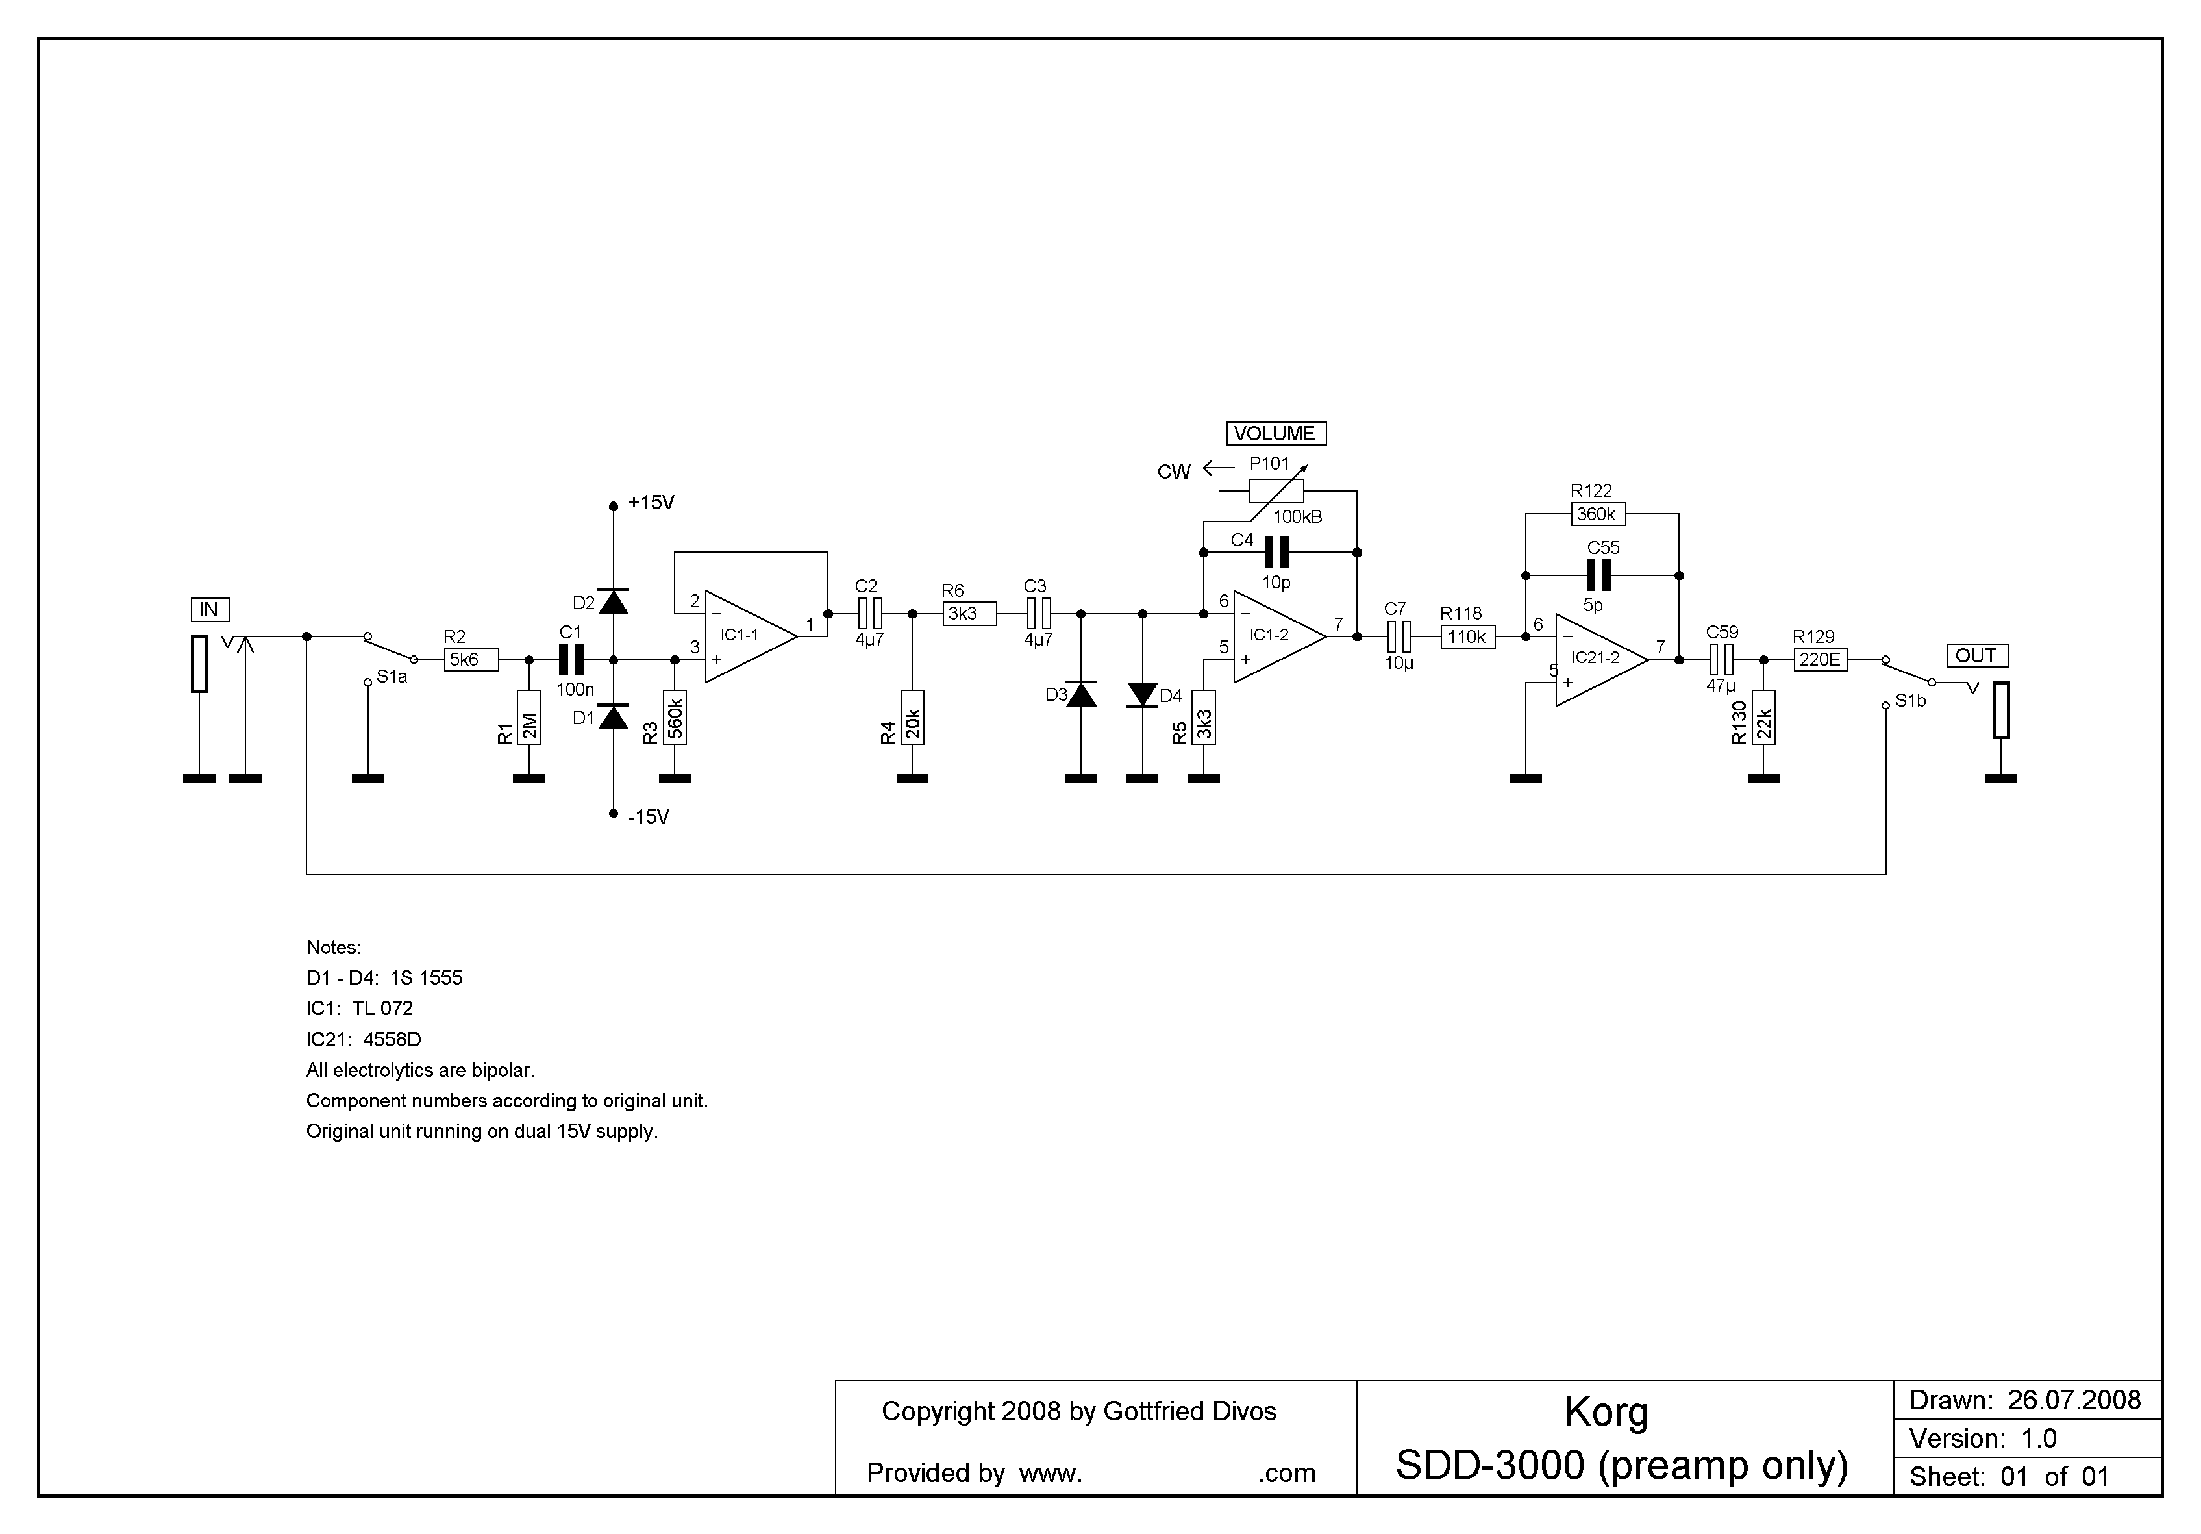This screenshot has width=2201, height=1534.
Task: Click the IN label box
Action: coord(210,610)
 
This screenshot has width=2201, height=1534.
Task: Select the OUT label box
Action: coord(1977,656)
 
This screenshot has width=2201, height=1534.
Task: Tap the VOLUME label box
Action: coord(1275,433)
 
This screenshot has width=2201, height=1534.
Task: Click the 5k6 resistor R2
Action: coord(471,660)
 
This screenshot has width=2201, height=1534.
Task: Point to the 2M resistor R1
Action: coord(529,717)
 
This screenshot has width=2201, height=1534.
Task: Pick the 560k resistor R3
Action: coord(675,717)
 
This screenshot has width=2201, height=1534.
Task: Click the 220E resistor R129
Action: coord(1821,660)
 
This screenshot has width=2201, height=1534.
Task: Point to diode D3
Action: coord(1081,694)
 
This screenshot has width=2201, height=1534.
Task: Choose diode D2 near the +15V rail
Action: coord(614,601)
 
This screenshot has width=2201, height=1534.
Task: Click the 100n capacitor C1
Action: coord(571,660)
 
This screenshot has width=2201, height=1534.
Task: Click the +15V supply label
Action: coord(651,503)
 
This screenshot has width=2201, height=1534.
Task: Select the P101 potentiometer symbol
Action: coord(1276,491)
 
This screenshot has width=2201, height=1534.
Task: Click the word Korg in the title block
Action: coord(1607,1413)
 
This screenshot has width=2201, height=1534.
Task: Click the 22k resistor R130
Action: coord(1764,717)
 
